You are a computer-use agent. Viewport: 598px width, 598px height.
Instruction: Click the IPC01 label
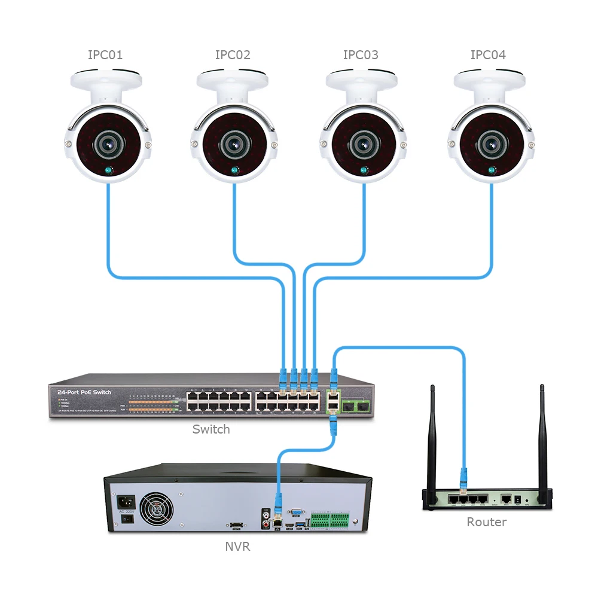[x=105, y=55]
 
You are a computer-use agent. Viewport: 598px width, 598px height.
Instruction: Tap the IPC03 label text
[x=361, y=55]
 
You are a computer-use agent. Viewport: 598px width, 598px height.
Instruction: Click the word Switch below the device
[x=211, y=429]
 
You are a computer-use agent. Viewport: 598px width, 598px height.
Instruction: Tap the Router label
[x=486, y=522]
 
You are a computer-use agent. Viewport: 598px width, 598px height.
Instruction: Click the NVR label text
[x=237, y=546]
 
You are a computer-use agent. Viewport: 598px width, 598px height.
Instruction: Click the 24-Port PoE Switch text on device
[x=84, y=392]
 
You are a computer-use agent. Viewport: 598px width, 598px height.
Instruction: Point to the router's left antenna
[x=433, y=437]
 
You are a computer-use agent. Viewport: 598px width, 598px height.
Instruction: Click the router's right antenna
[x=542, y=437]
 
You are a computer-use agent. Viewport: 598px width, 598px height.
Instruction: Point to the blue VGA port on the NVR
[x=295, y=512]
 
